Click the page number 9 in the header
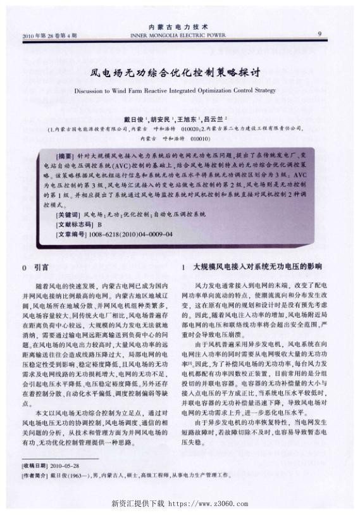[320, 34]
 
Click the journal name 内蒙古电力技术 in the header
[178, 27]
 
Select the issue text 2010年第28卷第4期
[49, 35]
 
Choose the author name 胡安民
[159, 120]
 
